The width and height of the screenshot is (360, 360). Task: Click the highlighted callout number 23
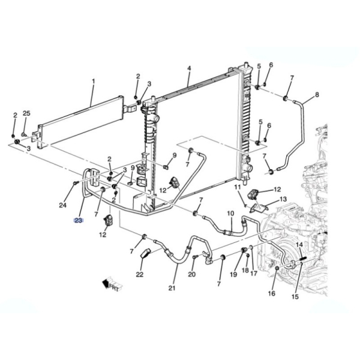pyautogui.click(x=78, y=220)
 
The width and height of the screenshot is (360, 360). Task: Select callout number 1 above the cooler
pyautogui.click(x=94, y=81)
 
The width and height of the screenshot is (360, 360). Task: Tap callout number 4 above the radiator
pyautogui.click(x=189, y=68)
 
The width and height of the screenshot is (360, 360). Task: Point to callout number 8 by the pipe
pyautogui.click(x=317, y=94)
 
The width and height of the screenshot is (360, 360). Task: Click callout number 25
pyautogui.click(x=26, y=113)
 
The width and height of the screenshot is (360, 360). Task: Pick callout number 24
pyautogui.click(x=62, y=205)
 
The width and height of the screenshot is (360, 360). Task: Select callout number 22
pyautogui.click(x=140, y=274)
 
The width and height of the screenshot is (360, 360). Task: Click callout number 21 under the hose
pyautogui.click(x=172, y=288)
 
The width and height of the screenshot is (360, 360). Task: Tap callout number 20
pyautogui.click(x=192, y=274)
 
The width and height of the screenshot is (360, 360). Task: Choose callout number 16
pyautogui.click(x=272, y=293)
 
